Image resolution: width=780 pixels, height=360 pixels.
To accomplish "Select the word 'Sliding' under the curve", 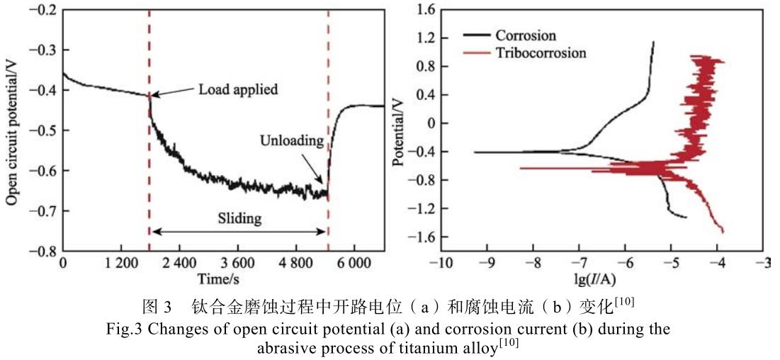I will (238, 218).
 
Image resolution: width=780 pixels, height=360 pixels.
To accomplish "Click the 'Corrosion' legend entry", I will (526, 35).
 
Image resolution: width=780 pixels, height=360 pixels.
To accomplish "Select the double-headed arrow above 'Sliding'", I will (238, 231).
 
